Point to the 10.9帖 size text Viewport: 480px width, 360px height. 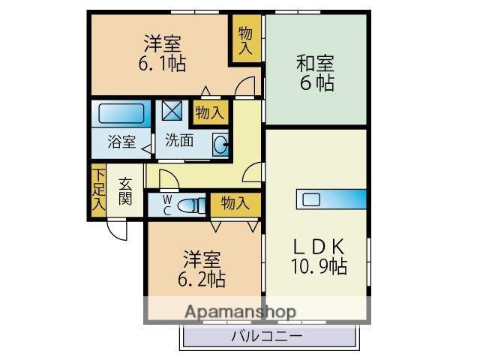(317, 265)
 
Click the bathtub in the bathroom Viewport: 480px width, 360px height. (121, 113)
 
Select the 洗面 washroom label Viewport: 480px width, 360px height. (180, 139)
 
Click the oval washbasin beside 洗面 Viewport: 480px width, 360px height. (220, 144)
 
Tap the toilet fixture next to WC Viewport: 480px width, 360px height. (190, 204)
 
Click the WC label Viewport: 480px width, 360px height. (167, 204)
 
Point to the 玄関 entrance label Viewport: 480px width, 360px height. (125, 192)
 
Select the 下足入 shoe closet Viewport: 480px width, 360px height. (98, 192)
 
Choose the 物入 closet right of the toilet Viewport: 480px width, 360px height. (235, 202)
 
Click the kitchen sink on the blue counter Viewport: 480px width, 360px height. (310, 200)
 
